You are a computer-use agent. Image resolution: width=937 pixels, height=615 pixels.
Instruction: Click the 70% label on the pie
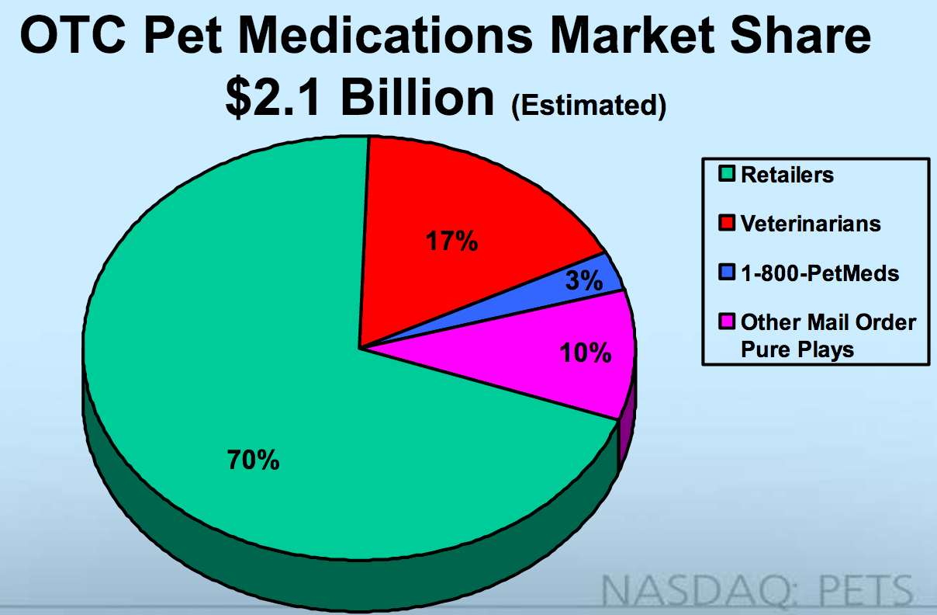click(x=253, y=460)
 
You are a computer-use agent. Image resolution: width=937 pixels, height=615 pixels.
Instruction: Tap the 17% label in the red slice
click(x=451, y=242)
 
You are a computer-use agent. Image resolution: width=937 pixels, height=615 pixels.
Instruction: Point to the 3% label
click(x=583, y=281)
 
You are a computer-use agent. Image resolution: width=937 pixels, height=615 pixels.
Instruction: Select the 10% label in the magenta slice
click(x=586, y=354)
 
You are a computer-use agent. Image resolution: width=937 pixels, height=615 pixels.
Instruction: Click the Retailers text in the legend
click(x=787, y=175)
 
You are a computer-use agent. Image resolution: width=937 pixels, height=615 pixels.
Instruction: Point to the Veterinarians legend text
click(x=811, y=224)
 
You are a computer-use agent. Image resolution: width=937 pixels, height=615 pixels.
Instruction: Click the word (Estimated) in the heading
click(x=588, y=105)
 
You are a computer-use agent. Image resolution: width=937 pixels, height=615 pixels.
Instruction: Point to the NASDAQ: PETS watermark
click(x=758, y=590)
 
